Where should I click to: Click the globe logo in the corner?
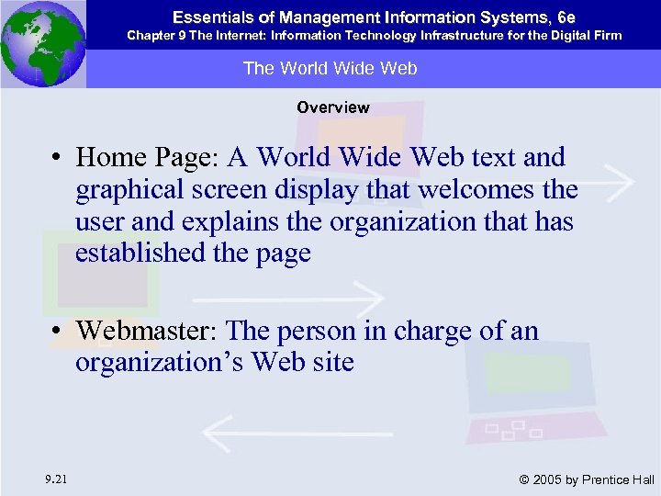click(x=42, y=43)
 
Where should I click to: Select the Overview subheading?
click(x=332, y=107)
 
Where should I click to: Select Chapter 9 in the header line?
click(x=156, y=35)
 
